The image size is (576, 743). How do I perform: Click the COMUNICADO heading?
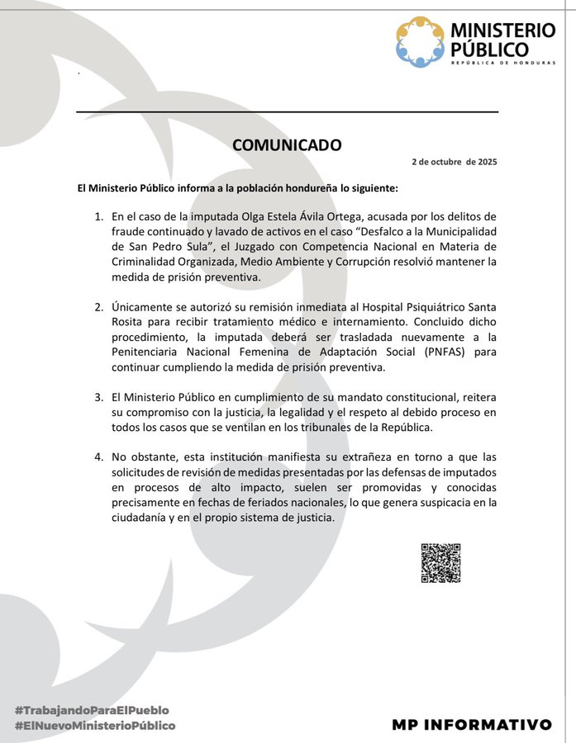click(x=287, y=144)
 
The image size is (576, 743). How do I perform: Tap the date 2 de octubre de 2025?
click(x=455, y=162)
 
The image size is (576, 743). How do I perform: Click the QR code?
click(x=440, y=563)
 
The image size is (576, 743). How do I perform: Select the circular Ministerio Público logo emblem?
click(x=420, y=42)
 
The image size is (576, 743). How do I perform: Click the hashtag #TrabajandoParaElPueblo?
click(x=91, y=710)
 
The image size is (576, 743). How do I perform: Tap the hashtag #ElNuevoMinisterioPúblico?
click(x=94, y=725)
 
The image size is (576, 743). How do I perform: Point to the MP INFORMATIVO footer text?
click(x=472, y=724)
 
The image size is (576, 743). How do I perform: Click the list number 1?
click(x=98, y=217)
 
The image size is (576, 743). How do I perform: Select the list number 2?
click(x=98, y=307)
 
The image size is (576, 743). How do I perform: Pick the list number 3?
click(x=98, y=397)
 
